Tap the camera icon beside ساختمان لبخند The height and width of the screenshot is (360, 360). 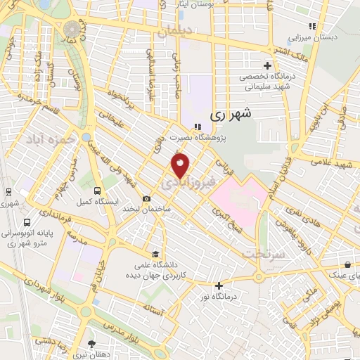146,199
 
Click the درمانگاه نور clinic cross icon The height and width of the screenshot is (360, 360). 219,285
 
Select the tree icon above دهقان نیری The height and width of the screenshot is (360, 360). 91,344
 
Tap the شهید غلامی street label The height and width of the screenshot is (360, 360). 328,164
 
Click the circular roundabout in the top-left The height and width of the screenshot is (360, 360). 72,29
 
